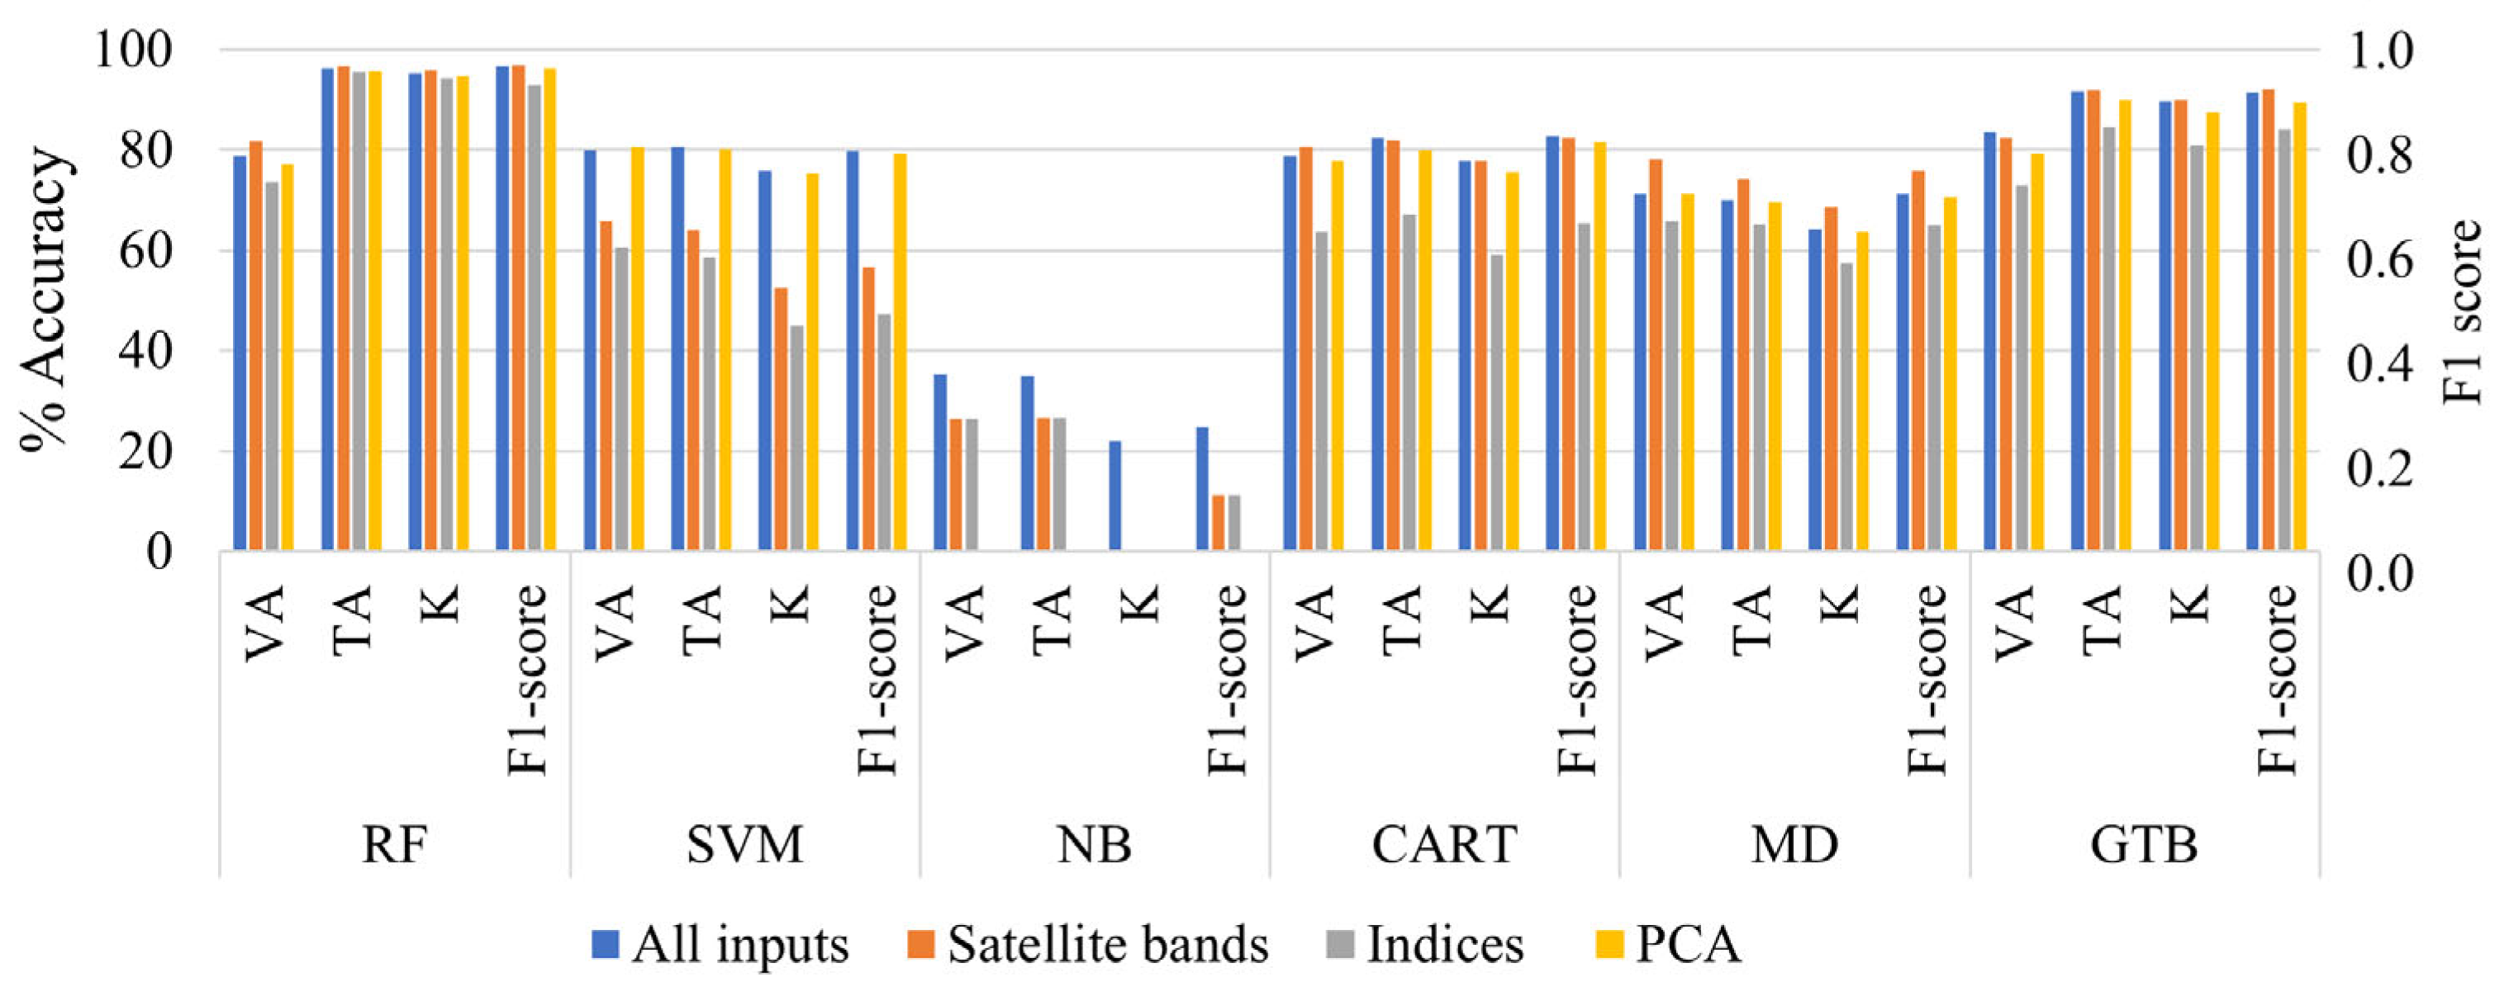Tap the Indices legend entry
click(x=1425, y=944)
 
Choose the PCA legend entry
click(x=1669, y=944)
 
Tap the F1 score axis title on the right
click(x=2464, y=312)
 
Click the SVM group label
click(x=744, y=845)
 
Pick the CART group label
click(x=1444, y=845)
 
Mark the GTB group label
click(x=2144, y=845)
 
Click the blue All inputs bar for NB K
click(x=1115, y=496)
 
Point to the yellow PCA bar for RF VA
click(x=287, y=357)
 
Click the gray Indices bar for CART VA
click(x=1321, y=391)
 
